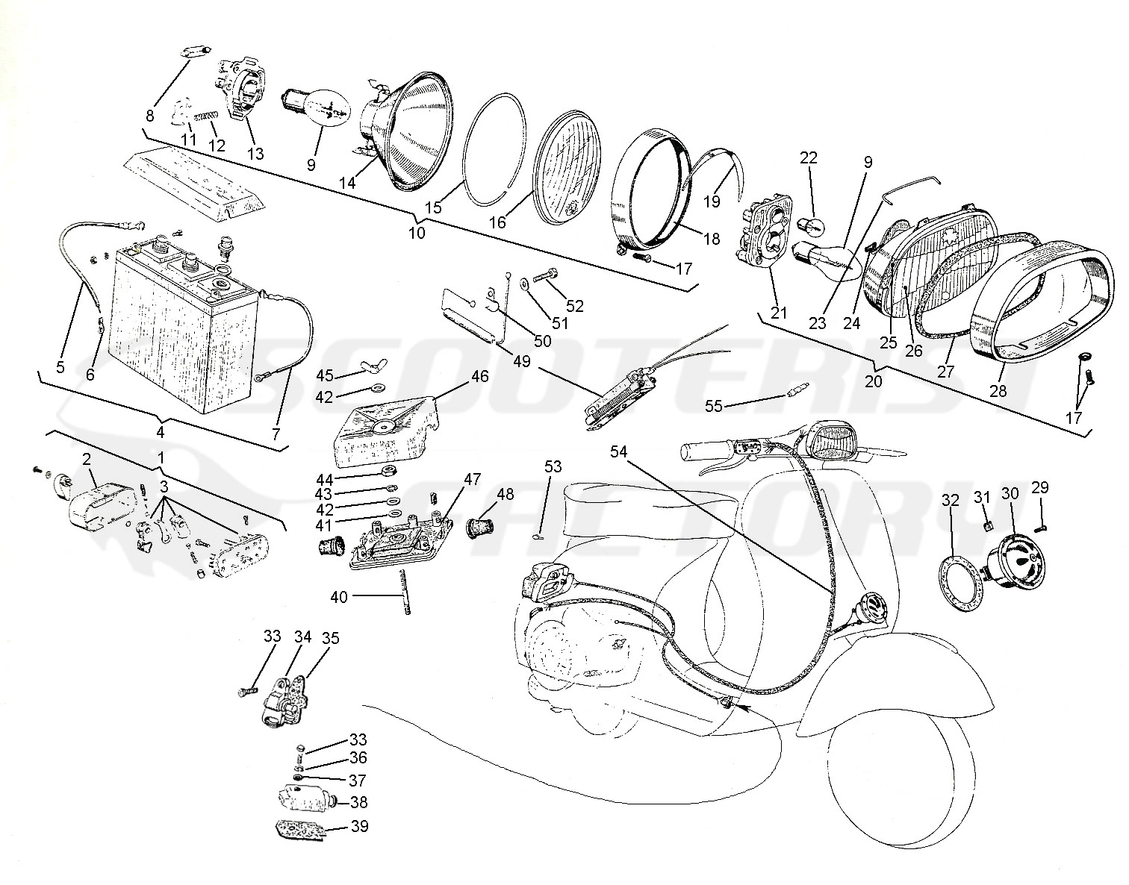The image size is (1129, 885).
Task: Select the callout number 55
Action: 714,405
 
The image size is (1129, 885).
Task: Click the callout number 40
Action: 339,596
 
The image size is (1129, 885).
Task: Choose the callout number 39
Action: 359,827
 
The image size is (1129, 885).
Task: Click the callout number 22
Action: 809,158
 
